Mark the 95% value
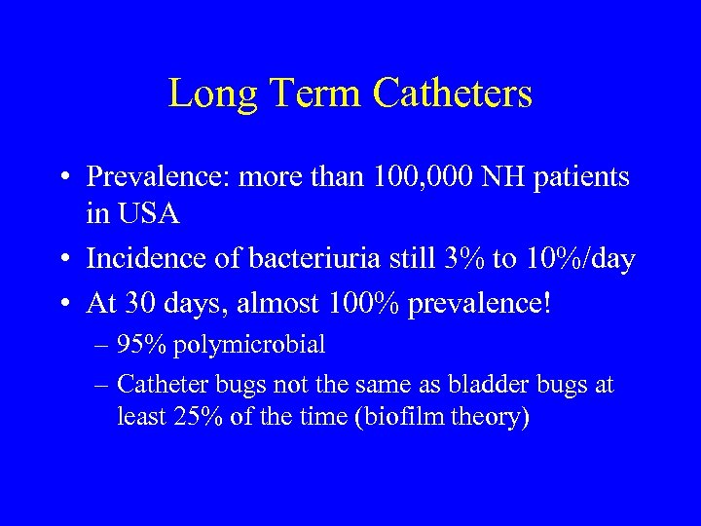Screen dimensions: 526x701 137,345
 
